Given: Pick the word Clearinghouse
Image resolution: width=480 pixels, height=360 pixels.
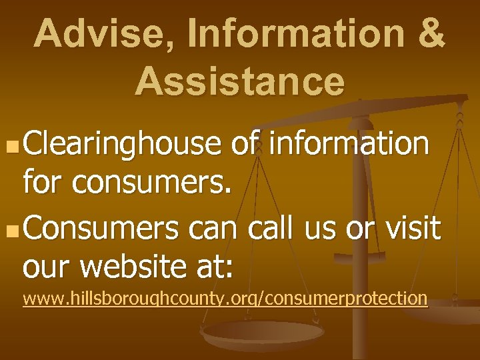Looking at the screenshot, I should [x=122, y=143].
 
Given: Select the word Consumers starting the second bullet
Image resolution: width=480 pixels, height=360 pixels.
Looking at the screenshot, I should [x=103, y=229].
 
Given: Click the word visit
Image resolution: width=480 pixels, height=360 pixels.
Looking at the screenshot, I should [x=412, y=229].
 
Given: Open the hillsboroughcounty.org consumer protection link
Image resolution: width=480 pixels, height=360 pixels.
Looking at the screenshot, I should [x=225, y=298].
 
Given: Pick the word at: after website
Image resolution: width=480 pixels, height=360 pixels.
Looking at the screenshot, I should [x=215, y=268].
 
